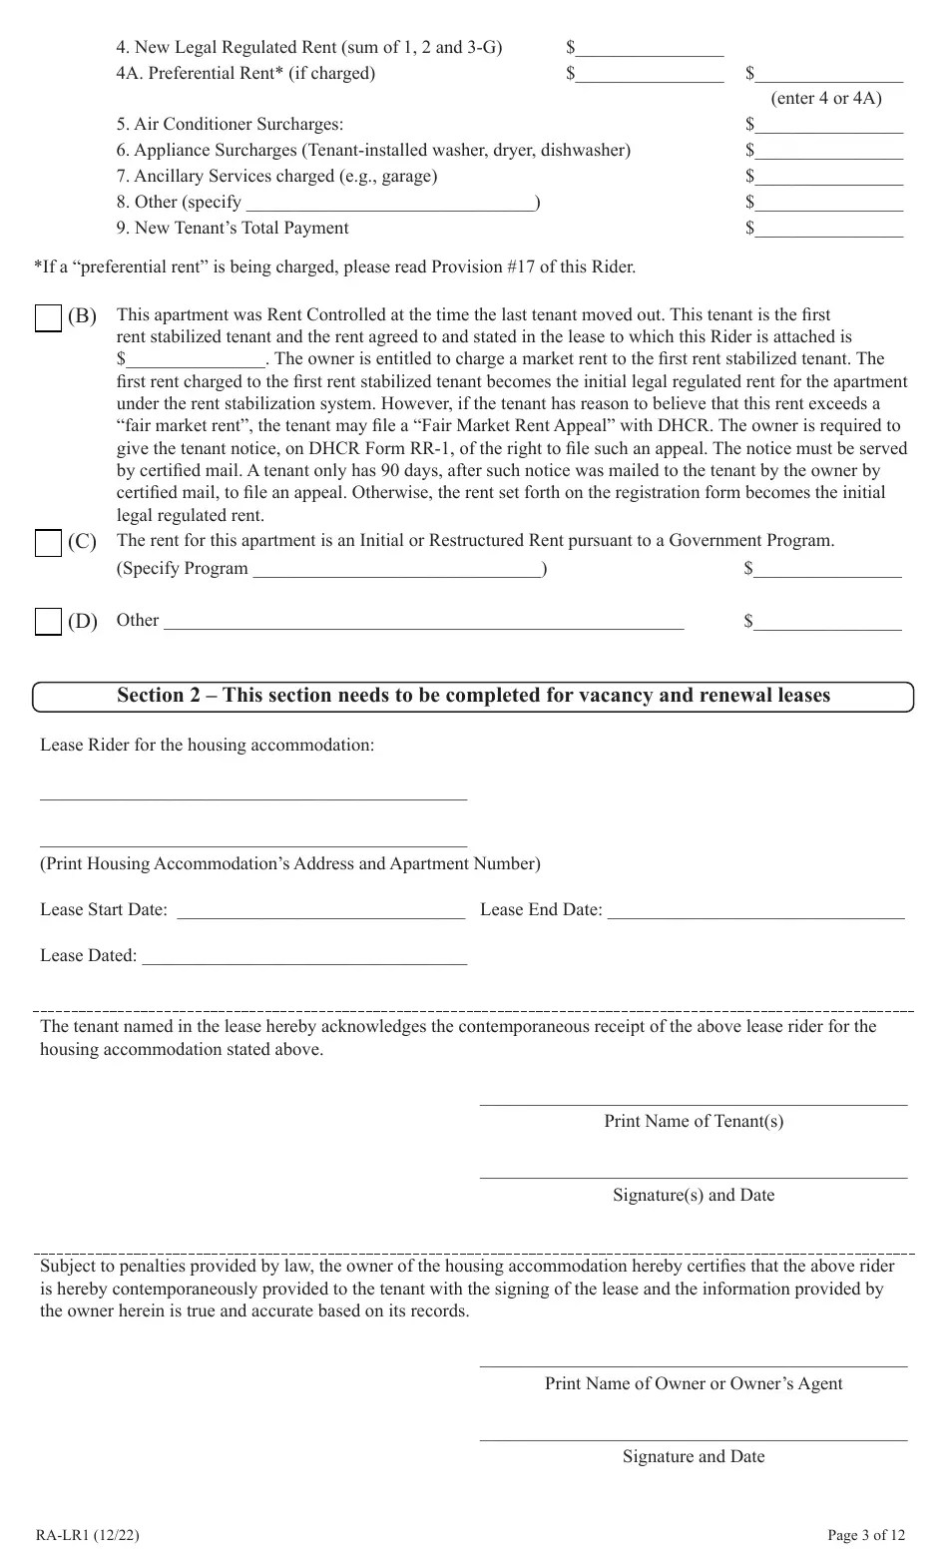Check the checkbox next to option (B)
pos(48,318)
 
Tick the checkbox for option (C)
pos(48,543)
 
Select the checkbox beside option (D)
pos(48,622)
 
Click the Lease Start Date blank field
pos(320,910)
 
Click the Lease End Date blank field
pos(755,910)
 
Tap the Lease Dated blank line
pos(304,956)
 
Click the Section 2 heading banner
pos(473,696)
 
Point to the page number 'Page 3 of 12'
pos(866,1535)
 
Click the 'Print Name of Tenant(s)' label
pos(694,1122)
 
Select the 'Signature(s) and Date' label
pos(694,1196)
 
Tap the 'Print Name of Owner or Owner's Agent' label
pos(694,1384)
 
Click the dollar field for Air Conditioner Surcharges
pos(828,125)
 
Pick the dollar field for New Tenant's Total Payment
pos(828,229)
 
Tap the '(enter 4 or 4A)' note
pos(826,99)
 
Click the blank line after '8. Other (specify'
pos(389,203)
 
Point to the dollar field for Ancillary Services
pos(828,177)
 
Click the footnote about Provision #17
pos(334,267)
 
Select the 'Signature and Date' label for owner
pos(694,1457)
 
